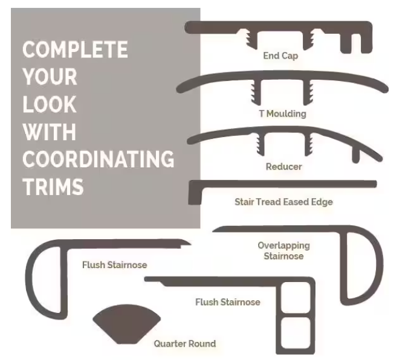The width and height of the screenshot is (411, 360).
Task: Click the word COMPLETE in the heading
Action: [75, 50]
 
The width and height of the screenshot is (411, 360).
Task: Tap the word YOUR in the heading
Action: [50, 77]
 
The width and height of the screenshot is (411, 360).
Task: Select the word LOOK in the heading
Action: [50, 104]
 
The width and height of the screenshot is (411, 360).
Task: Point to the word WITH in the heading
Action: [50, 132]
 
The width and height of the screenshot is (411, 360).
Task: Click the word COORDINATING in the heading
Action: [99, 159]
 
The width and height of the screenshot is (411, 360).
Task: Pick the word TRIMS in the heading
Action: [53, 187]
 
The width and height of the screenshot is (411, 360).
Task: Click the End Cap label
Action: [280, 56]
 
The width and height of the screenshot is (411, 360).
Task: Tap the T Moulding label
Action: [283, 114]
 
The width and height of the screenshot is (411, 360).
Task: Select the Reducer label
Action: [284, 167]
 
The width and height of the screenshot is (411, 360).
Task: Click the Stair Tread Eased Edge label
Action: [283, 202]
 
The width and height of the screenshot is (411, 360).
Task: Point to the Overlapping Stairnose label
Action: [283, 251]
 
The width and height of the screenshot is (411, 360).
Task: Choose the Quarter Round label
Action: [185, 344]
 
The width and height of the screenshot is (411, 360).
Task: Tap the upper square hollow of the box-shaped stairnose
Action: [296, 297]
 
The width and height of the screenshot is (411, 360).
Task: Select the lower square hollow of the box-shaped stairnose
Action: [296, 333]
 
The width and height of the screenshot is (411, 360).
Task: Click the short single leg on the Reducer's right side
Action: [355, 155]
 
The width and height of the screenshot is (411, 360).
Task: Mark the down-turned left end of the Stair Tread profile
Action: [195, 193]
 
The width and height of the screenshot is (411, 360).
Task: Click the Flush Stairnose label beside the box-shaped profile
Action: [228, 302]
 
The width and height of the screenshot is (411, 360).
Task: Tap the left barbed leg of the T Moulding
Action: [256, 92]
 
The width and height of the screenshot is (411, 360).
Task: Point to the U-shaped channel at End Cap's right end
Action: [356, 43]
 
